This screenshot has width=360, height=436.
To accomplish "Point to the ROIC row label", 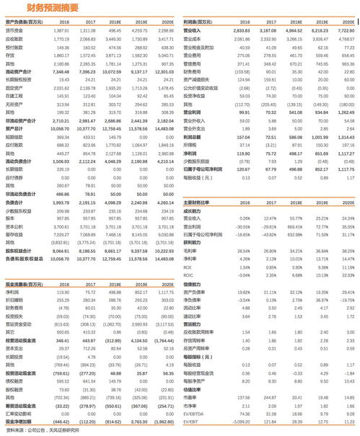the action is point(189,274).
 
